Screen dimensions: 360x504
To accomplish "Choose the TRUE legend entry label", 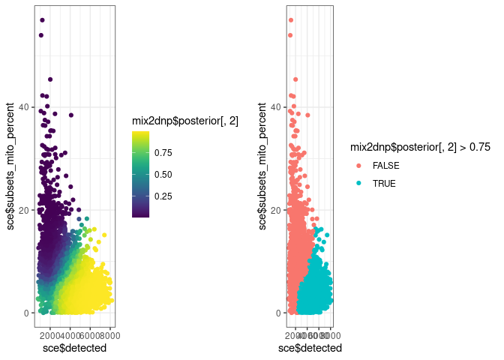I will pyautogui.click(x=383, y=183).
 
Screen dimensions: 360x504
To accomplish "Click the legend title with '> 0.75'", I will pyautogui.click(x=421, y=148).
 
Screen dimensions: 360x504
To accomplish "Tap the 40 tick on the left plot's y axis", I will pyautogui.click(x=23, y=107).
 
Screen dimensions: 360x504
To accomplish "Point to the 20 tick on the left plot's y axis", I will pyautogui.click(x=23, y=210).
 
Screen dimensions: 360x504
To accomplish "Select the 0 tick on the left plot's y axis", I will pyautogui.click(x=25, y=313).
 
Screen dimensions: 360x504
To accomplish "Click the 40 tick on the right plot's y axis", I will pyautogui.click(x=275, y=107).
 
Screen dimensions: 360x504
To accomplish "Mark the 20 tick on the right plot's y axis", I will pyautogui.click(x=275, y=210).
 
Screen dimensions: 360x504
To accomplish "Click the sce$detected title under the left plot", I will pyautogui.click(x=74, y=348).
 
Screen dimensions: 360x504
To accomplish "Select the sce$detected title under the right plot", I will pyautogui.click(x=310, y=348).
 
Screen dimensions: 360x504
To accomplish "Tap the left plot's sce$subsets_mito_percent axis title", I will pyautogui.click(x=10, y=166).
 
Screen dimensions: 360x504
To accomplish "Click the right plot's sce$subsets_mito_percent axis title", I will pyautogui.click(x=262, y=166).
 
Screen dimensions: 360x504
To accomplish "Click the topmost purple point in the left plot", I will pyautogui.click(x=42, y=20).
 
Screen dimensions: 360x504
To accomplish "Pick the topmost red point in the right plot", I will pyautogui.click(x=291, y=20).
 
